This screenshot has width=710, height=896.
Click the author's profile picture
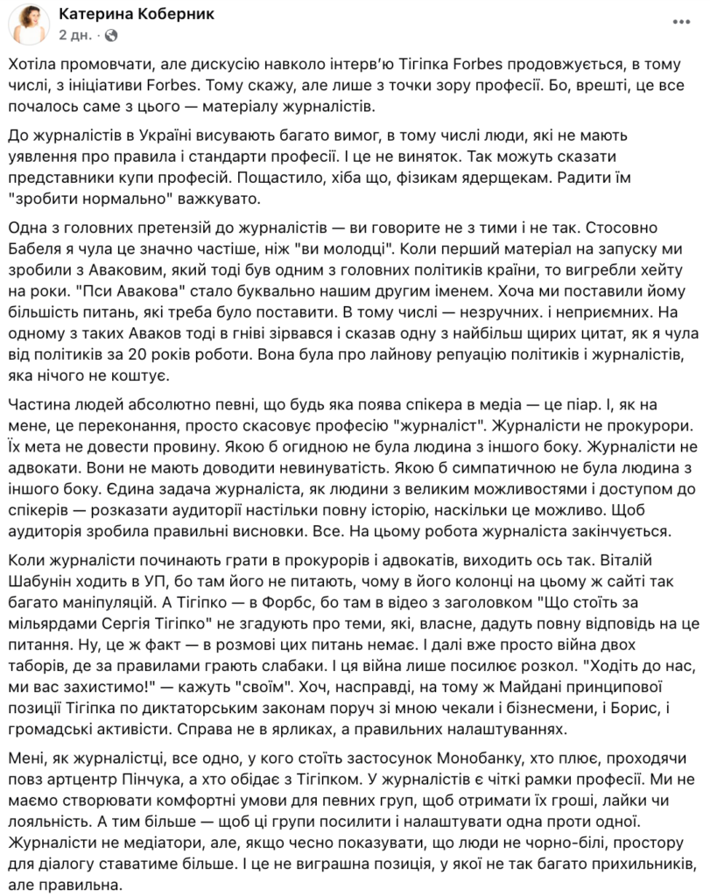pyautogui.click(x=26, y=26)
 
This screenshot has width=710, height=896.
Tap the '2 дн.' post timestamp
pyautogui.click(x=74, y=37)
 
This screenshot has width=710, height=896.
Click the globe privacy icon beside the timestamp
pyautogui.click(x=111, y=37)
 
